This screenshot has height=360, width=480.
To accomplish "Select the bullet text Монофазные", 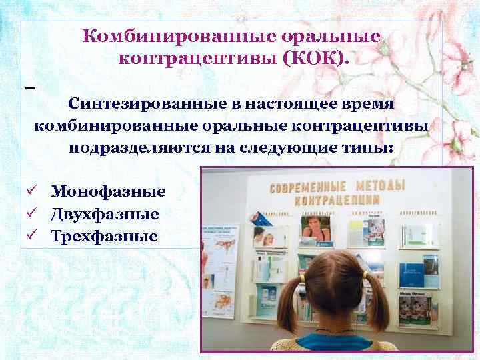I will click(108, 192).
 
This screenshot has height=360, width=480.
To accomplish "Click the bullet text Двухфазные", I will click(105, 214).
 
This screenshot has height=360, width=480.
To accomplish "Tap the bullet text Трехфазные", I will click(104, 236).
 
